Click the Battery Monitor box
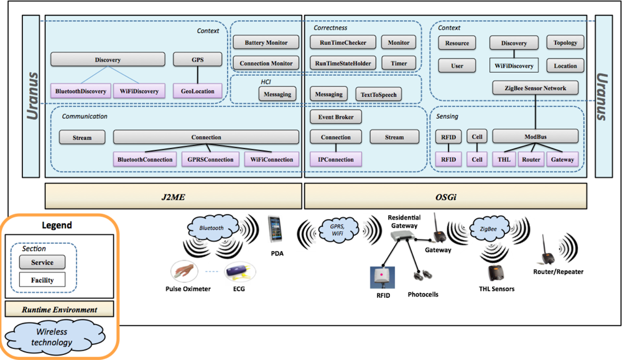266,42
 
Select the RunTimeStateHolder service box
343,63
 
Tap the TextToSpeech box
378,95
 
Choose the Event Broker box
336,117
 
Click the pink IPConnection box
336,159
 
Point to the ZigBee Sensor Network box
535,88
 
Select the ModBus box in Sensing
535,137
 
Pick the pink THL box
504,159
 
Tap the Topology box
565,42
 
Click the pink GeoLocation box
198,91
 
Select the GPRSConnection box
210,159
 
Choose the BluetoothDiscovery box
80,91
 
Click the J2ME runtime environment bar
174,196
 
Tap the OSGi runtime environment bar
445,196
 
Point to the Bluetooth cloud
212,228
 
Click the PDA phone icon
275,229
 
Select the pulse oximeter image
185,272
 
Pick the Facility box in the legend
42,280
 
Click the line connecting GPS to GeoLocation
198,75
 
